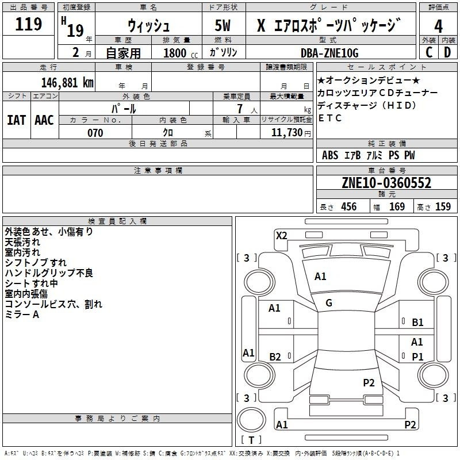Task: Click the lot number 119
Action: click(x=28, y=24)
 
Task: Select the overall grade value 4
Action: click(x=438, y=26)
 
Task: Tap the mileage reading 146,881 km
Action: click(x=67, y=83)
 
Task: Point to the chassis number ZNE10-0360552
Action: click(x=386, y=183)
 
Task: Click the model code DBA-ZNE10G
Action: click(x=329, y=53)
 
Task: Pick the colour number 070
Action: click(x=95, y=133)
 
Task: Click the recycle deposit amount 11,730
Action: click(x=286, y=133)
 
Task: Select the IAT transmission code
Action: click(x=17, y=120)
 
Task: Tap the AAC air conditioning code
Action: click(x=44, y=120)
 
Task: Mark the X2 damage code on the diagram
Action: click(x=281, y=236)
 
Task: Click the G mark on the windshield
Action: click(x=329, y=303)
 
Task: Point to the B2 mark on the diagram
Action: click(x=275, y=356)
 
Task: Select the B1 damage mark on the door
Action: click(x=417, y=323)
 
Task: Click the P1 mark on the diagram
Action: click(x=417, y=356)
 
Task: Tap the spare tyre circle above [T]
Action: click(x=251, y=420)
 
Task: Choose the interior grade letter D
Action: click(x=447, y=52)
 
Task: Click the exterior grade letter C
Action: click(x=429, y=52)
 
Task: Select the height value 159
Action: click(x=443, y=207)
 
